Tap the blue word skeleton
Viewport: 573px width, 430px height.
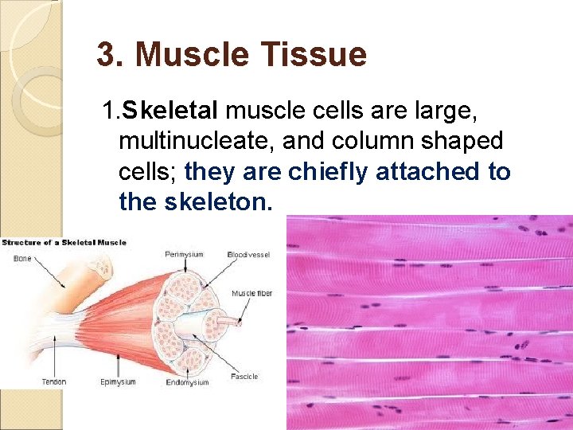tap(218, 201)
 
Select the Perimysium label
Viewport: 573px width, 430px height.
tap(185, 255)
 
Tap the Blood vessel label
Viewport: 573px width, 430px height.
tap(249, 255)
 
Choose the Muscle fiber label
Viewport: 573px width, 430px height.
tap(251, 293)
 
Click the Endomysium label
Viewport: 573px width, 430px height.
tap(187, 382)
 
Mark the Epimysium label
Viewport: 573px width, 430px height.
tap(117, 382)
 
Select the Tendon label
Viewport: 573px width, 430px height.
tap(54, 382)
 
